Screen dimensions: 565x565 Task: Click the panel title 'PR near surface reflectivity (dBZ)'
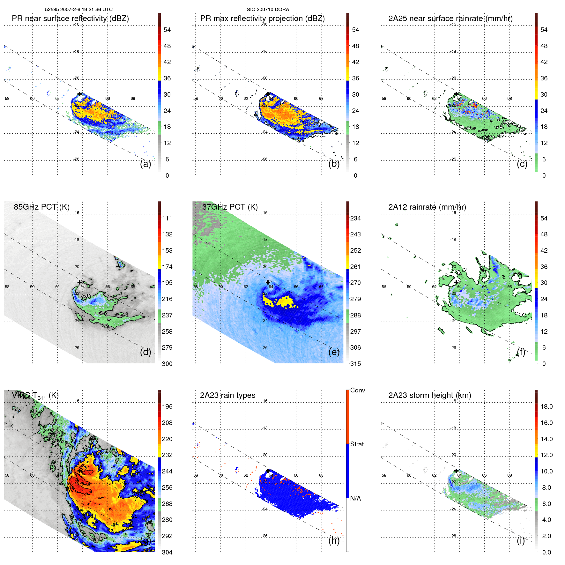click(x=70, y=19)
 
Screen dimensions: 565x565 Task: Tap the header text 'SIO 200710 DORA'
click(x=268, y=10)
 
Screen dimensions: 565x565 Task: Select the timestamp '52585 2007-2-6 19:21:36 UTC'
click(x=79, y=10)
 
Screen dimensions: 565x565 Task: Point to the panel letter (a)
click(x=145, y=164)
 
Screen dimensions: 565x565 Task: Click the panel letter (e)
click(x=334, y=352)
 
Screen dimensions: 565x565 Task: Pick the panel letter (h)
click(x=334, y=540)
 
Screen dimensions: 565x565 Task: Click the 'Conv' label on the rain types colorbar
click(x=358, y=390)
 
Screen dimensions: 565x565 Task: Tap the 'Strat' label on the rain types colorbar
click(x=357, y=444)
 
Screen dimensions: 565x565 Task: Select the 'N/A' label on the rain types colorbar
click(x=355, y=498)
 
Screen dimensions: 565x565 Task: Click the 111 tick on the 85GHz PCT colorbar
click(x=167, y=218)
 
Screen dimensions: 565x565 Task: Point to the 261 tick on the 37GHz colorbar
click(x=355, y=267)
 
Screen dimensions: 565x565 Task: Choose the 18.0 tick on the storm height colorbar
click(x=546, y=406)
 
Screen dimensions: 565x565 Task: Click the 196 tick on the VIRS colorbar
click(x=167, y=406)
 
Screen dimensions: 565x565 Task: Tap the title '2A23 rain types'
click(x=227, y=395)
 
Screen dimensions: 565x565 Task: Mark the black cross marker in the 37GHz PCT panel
click(x=268, y=282)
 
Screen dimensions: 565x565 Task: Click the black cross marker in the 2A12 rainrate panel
click(x=456, y=282)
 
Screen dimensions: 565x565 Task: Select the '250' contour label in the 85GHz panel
click(x=85, y=298)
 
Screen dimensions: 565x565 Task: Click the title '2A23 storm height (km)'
click(x=430, y=395)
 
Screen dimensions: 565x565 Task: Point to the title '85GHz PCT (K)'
click(x=41, y=207)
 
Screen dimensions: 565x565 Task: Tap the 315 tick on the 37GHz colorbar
click(x=355, y=364)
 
